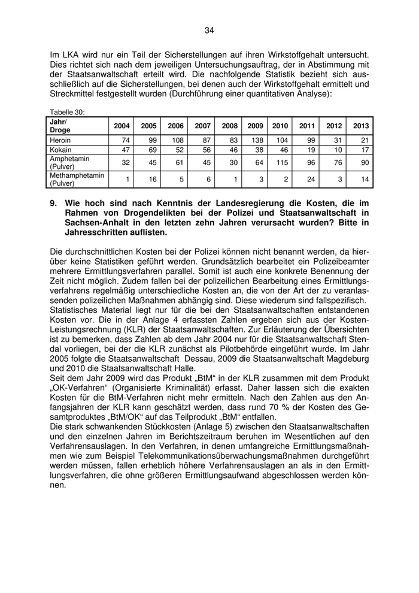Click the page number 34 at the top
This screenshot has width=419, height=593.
click(209, 31)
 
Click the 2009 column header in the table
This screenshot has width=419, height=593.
click(255, 126)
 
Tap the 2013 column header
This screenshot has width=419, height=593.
click(361, 126)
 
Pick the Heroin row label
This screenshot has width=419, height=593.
click(60, 140)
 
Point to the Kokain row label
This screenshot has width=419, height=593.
click(60, 149)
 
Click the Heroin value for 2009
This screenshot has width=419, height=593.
click(256, 140)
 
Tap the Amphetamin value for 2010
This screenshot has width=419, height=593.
click(280, 162)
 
